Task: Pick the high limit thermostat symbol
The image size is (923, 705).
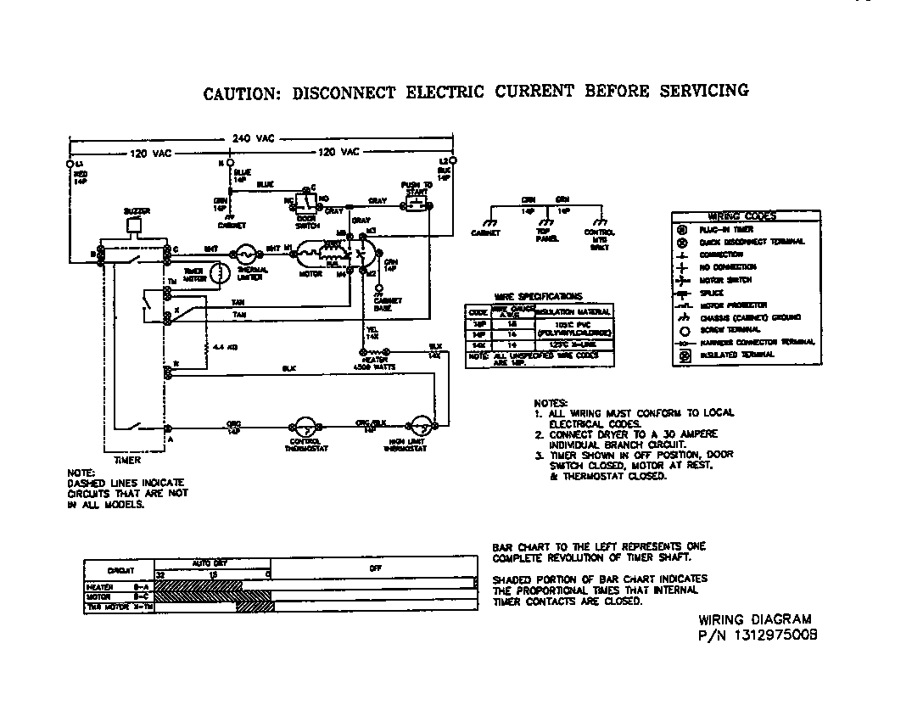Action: pyautogui.click(x=419, y=427)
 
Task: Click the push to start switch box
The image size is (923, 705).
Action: pyautogui.click(x=416, y=205)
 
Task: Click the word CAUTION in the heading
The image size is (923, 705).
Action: pyautogui.click(x=240, y=92)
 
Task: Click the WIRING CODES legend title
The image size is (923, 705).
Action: pyautogui.click(x=741, y=216)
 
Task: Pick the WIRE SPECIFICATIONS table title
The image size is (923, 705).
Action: pyautogui.click(x=538, y=296)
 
